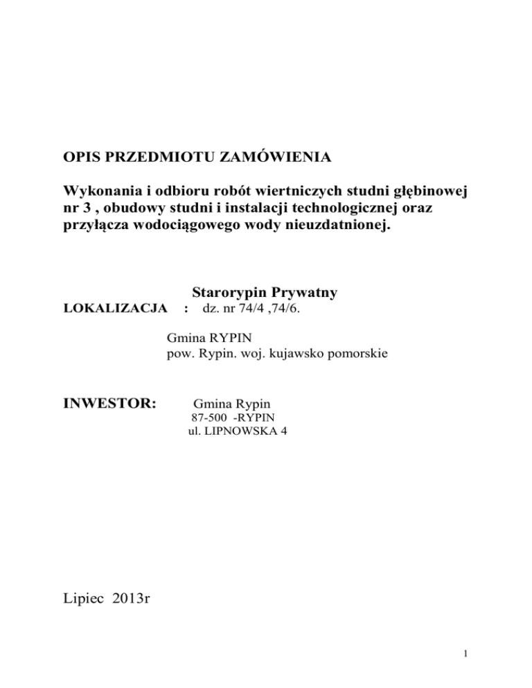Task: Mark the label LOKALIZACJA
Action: (x=109, y=307)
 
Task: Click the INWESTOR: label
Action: (x=111, y=402)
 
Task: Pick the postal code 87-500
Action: (x=206, y=417)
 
